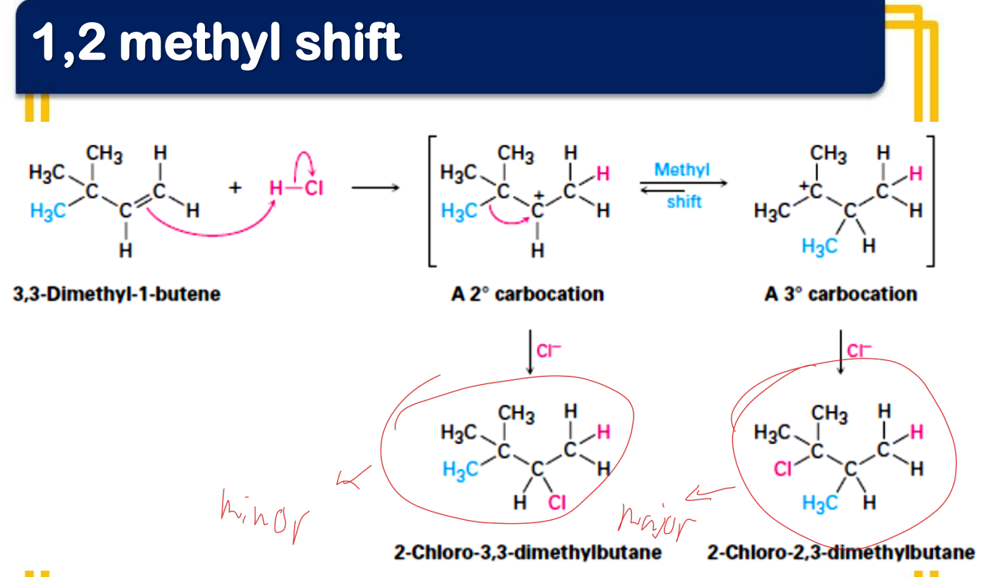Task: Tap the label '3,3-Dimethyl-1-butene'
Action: (x=117, y=294)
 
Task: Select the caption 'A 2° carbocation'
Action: (x=527, y=294)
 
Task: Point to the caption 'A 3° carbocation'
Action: (x=840, y=294)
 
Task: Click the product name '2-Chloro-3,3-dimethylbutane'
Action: (x=528, y=552)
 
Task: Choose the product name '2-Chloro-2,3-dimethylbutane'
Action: (x=841, y=552)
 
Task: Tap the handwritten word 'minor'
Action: (x=265, y=516)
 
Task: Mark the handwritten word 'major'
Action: (x=656, y=522)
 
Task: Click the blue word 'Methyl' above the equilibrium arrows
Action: (x=682, y=169)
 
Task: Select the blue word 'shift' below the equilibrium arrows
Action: (x=684, y=202)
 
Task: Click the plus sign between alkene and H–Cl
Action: (x=235, y=188)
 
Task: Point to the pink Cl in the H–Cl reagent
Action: (x=314, y=188)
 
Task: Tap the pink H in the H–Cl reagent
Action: (x=276, y=188)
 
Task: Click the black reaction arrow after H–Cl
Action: (x=376, y=188)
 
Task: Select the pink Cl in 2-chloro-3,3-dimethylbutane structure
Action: (x=557, y=503)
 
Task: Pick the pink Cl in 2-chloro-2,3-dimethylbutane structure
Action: (x=783, y=468)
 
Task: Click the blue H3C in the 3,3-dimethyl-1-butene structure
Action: (x=48, y=211)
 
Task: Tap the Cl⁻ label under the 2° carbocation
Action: (x=548, y=351)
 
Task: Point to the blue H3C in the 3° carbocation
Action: (x=820, y=246)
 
